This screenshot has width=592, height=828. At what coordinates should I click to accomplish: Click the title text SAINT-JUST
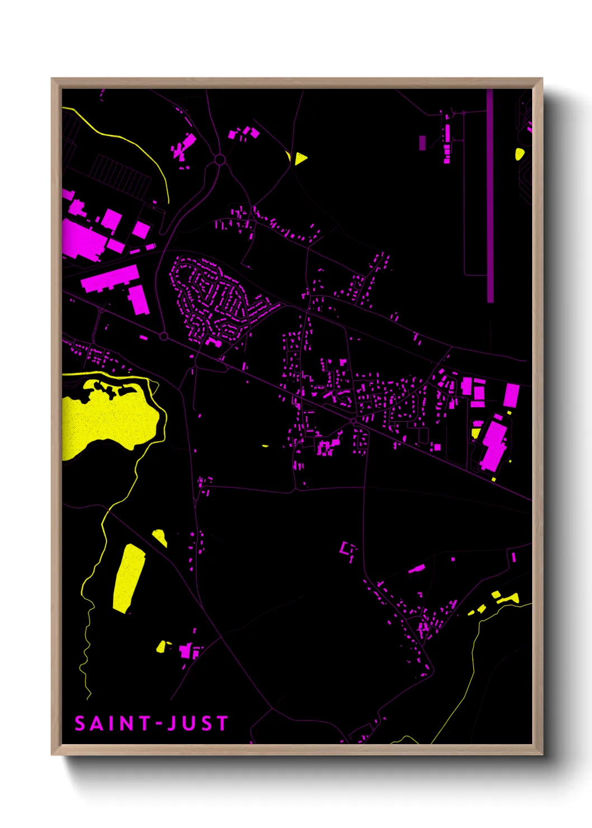151,723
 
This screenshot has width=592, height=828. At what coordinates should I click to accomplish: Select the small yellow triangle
300,158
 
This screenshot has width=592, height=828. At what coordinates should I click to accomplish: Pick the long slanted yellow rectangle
129,578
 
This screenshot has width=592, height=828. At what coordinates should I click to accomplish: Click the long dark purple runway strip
490,196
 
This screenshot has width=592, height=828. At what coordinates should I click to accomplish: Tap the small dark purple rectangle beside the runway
422,143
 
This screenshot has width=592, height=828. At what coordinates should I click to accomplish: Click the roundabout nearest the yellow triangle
219,160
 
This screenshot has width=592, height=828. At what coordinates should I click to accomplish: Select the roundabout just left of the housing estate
164,336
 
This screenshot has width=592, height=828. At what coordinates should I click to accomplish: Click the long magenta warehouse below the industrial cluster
110,278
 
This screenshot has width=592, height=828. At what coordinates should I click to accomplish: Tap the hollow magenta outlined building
348,549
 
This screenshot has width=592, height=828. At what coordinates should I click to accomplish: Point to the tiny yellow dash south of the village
265,446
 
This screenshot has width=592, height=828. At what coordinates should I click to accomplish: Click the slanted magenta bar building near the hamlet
416,569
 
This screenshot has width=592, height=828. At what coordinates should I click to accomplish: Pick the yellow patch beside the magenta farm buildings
162,647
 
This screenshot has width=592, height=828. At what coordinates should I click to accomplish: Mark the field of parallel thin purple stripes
120,175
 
